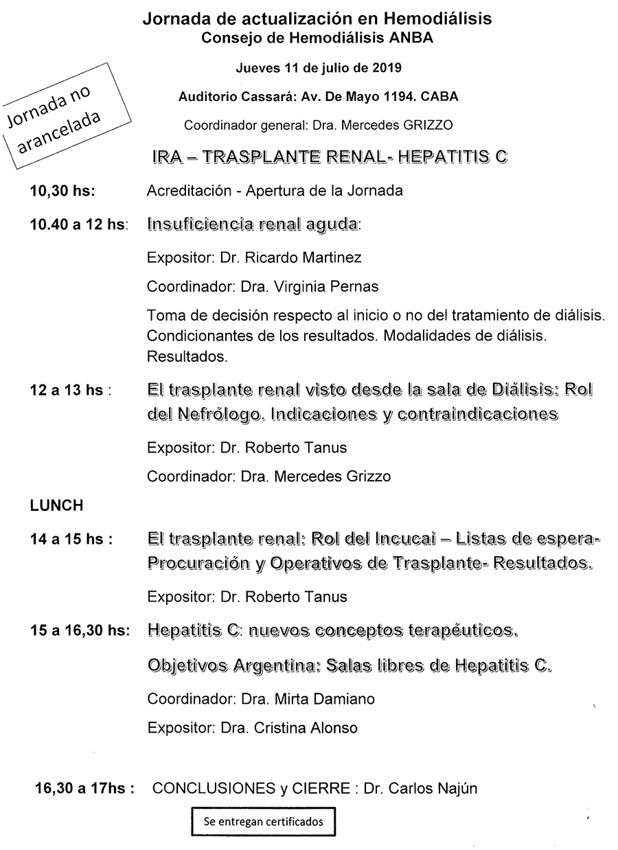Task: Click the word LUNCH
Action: [x=56, y=505]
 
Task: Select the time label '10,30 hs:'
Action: [x=62, y=191]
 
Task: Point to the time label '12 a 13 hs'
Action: [x=67, y=390]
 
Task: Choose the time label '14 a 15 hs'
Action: [x=67, y=539]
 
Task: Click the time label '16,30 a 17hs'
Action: [x=84, y=788]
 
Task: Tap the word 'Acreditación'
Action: [x=187, y=191]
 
